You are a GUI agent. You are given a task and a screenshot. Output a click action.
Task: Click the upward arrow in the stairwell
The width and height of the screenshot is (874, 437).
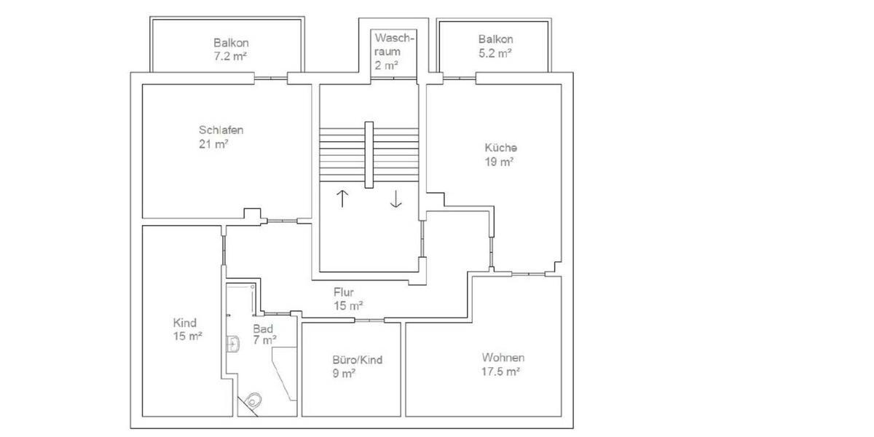342,198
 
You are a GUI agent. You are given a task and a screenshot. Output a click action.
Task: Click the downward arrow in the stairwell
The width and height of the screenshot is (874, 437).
395,198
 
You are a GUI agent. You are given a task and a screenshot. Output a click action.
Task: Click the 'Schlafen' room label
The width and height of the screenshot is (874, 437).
221,130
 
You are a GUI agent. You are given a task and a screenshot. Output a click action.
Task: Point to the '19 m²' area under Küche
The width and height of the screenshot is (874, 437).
500,162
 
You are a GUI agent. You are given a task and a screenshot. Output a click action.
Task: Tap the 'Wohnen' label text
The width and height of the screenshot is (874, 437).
503,358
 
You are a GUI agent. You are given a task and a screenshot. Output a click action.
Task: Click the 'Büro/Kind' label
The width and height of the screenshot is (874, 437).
357,360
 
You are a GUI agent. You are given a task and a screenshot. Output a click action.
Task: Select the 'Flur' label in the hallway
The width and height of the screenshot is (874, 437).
344,292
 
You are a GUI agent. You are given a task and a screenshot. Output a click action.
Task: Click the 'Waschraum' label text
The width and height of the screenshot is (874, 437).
394,44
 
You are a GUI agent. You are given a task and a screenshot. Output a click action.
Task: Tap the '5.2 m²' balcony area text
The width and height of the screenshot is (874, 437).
495,53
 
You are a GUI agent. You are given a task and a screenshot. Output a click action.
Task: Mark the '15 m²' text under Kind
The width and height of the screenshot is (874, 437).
186,336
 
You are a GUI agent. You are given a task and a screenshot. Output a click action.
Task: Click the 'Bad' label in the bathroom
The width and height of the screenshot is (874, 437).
262,328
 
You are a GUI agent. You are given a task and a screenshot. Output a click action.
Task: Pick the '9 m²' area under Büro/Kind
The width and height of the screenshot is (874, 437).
343,374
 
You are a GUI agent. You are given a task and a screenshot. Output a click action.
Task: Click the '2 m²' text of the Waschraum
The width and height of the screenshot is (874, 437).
387,65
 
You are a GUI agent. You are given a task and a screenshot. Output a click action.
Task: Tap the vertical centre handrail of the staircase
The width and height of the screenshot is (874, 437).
369,154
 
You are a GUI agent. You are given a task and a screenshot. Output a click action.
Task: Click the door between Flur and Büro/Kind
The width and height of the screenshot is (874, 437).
369,320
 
